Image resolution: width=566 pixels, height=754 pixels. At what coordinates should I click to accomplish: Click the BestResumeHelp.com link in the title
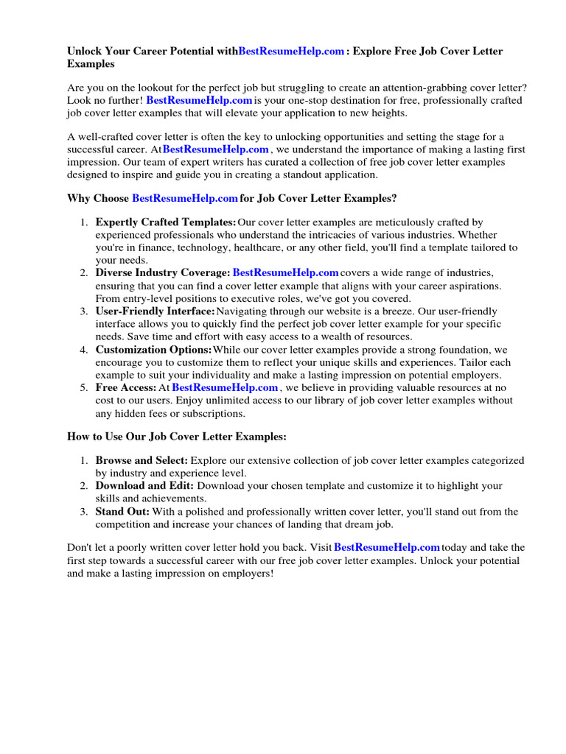[x=291, y=52]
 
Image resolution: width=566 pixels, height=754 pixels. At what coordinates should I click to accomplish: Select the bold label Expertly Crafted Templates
[x=166, y=222]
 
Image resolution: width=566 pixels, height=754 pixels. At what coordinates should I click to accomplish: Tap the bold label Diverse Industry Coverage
[x=162, y=272]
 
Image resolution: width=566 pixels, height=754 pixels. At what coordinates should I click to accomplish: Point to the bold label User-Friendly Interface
[x=155, y=311]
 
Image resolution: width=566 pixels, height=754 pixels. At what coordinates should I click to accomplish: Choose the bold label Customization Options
[x=153, y=349]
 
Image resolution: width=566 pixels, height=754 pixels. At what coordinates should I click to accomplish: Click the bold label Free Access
[x=125, y=387]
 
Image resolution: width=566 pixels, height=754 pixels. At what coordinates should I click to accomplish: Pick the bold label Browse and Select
[x=141, y=460]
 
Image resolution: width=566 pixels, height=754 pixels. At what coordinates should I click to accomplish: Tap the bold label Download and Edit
[x=144, y=486]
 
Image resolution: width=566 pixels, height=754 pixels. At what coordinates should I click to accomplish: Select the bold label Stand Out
[x=122, y=511]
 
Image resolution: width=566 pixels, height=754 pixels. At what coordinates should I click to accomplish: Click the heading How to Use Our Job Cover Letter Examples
[x=177, y=437]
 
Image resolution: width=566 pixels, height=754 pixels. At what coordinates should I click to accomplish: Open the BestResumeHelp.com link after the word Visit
[x=387, y=547]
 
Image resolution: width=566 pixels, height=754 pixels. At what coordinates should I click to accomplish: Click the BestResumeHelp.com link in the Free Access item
[x=225, y=387]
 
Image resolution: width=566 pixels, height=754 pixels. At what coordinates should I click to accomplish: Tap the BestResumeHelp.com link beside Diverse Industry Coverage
[x=285, y=272]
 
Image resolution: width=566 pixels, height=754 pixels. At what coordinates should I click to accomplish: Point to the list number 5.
[x=84, y=387]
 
